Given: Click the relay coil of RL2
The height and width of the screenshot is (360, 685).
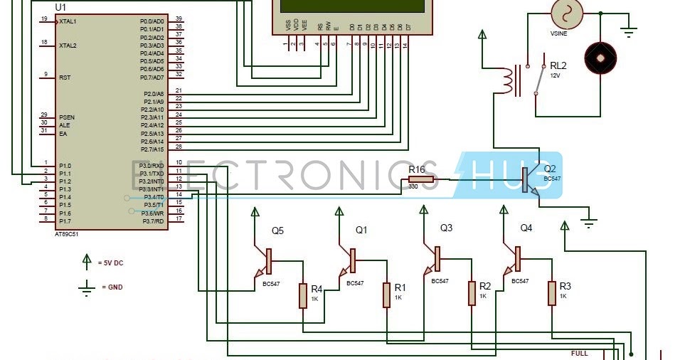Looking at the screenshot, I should pyautogui.click(x=507, y=80).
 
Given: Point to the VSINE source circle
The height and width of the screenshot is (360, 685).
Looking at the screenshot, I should pyautogui.click(x=567, y=13).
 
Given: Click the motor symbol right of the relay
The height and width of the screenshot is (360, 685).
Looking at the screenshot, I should pyautogui.click(x=600, y=57).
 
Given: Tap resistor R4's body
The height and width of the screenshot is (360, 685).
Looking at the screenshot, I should pyautogui.click(x=303, y=295).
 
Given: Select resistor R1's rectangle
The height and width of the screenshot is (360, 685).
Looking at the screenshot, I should pyautogui.click(x=386, y=295).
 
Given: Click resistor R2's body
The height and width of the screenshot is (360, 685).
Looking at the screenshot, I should pyautogui.click(x=471, y=293).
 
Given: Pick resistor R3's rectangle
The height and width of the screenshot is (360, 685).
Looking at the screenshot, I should pyautogui.click(x=551, y=293).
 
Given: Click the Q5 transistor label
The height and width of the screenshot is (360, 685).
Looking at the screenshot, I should pyautogui.click(x=277, y=231).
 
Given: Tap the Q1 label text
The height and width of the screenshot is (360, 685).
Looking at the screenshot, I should pyautogui.click(x=361, y=230).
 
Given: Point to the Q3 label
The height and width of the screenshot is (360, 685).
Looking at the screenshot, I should pyautogui.click(x=446, y=228).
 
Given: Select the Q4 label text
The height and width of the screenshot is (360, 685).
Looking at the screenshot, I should pyautogui.click(x=526, y=228).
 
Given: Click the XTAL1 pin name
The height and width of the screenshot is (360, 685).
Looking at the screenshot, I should pyautogui.click(x=68, y=21).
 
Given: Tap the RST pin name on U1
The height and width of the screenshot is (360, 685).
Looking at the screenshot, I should pyautogui.click(x=65, y=77).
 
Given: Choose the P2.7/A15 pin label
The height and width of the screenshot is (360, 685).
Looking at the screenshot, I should pyautogui.click(x=153, y=149).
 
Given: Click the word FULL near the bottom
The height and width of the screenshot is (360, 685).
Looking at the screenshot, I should pyautogui.click(x=580, y=353).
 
